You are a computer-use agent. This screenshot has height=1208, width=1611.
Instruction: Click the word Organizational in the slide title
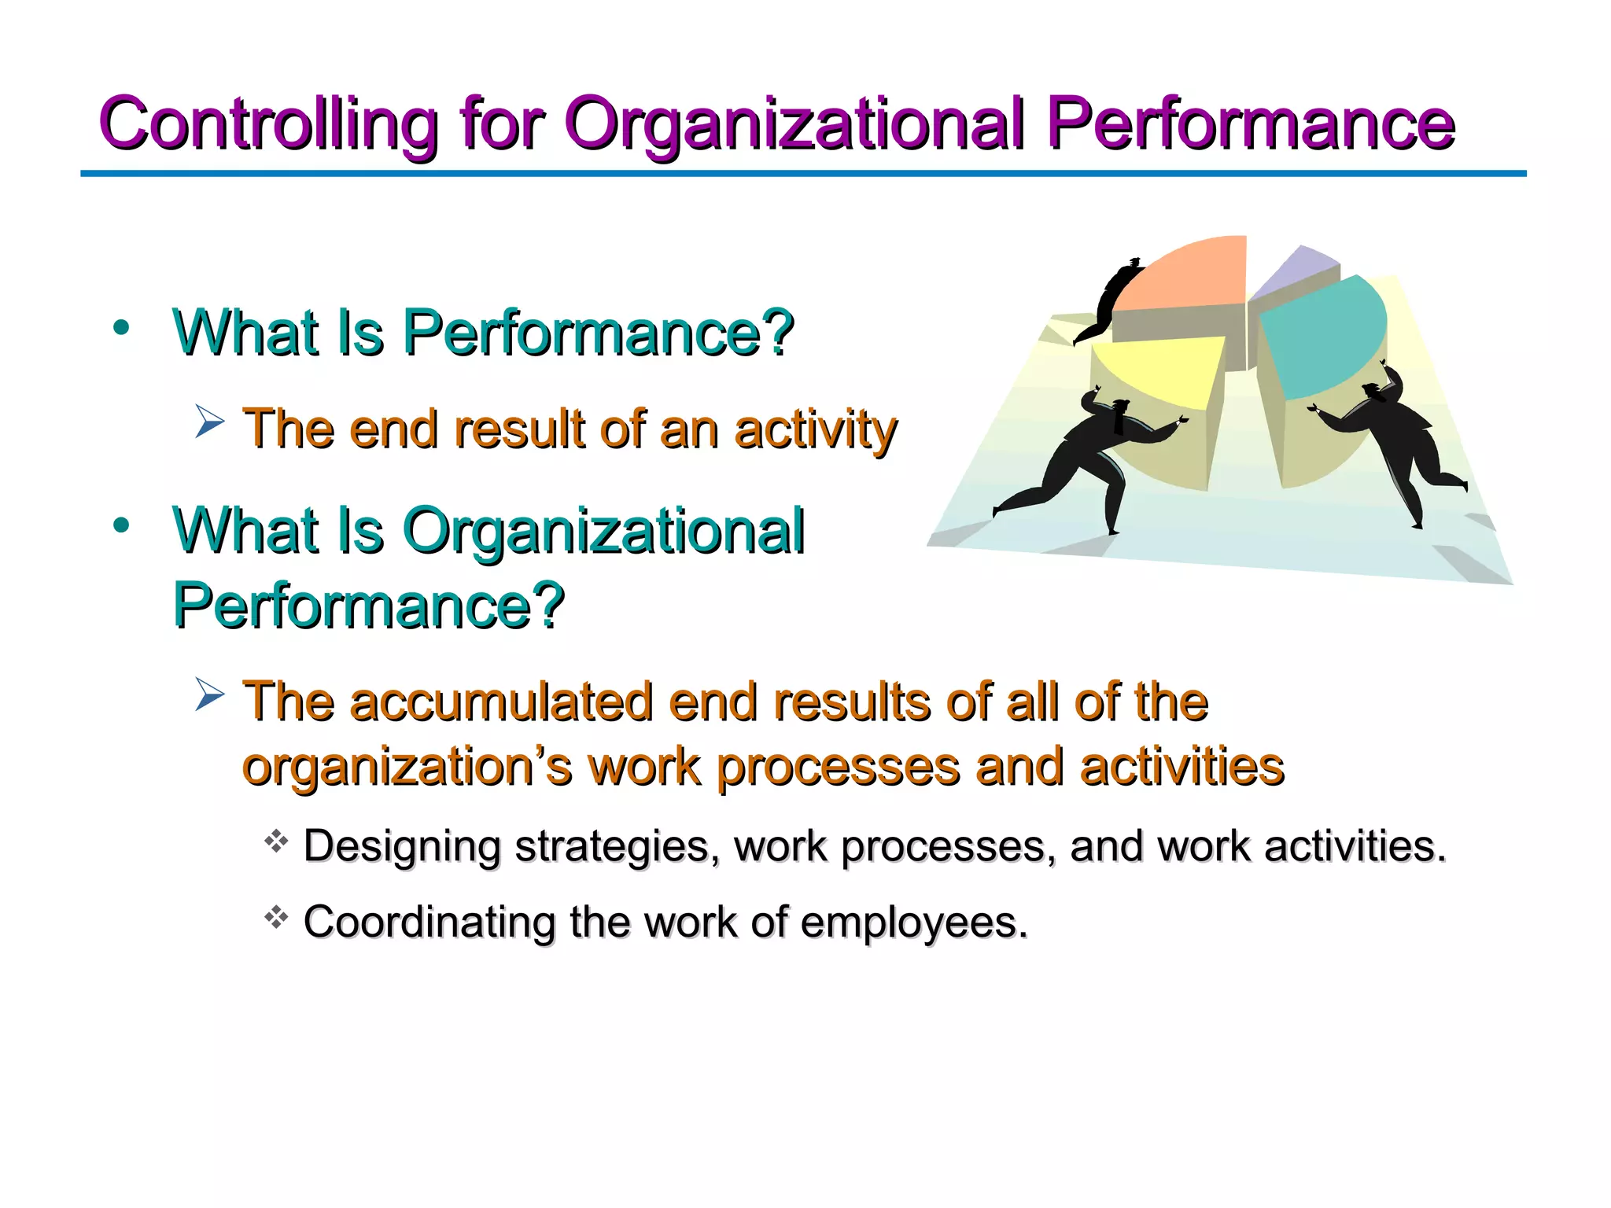[794, 124]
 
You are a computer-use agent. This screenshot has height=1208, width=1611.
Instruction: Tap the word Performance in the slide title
[1251, 124]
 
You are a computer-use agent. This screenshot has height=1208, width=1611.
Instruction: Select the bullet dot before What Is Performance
[120, 328]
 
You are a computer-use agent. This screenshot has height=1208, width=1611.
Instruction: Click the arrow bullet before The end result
[209, 422]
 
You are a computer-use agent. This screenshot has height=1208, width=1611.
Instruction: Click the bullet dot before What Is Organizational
[120, 525]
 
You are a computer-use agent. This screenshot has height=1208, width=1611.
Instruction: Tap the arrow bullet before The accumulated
[209, 694]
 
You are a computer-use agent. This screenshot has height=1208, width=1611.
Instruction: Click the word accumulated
[501, 702]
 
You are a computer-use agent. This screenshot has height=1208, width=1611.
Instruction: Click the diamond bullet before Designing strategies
[276, 842]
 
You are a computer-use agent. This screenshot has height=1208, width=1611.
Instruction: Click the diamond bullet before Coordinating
[276, 917]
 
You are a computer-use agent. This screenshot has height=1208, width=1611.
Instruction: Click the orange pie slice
[1188, 275]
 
